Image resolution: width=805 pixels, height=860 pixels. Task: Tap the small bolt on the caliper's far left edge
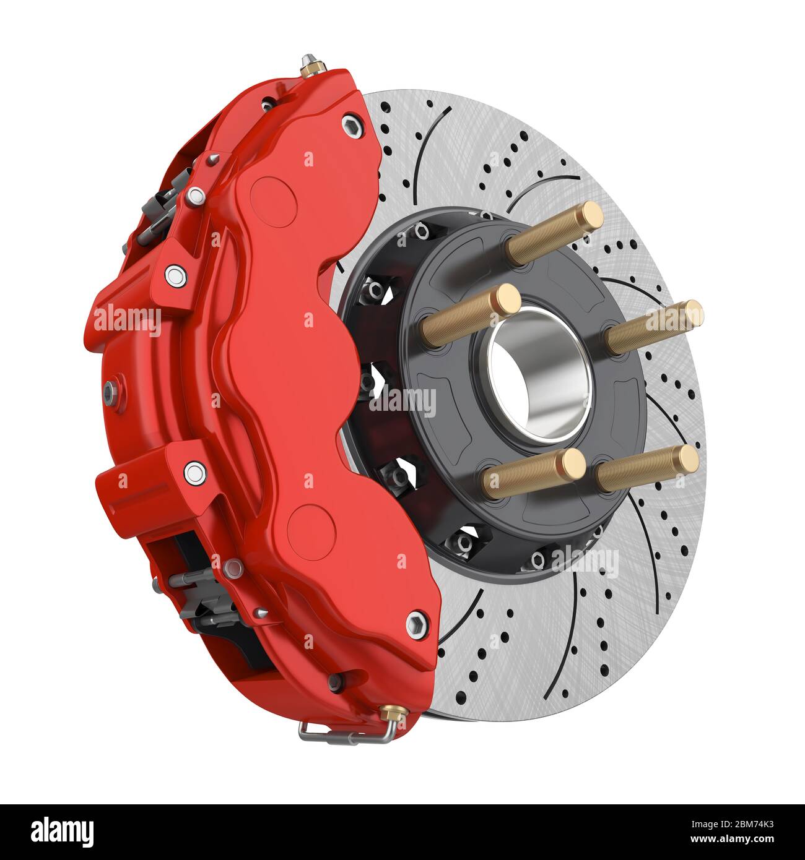point(110,389)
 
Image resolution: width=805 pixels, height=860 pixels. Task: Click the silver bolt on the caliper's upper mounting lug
point(175,273)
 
